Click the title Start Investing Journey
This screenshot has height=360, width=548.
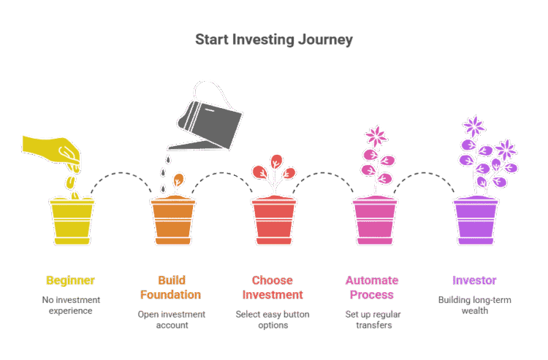pyautogui.click(x=274, y=39)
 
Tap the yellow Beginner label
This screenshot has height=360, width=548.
pyautogui.click(x=70, y=280)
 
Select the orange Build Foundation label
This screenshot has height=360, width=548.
pyautogui.click(x=172, y=288)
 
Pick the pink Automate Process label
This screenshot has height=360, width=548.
pyautogui.click(x=372, y=288)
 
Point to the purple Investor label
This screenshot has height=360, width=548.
pyautogui.click(x=474, y=280)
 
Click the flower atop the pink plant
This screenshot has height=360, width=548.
pyautogui.click(x=377, y=136)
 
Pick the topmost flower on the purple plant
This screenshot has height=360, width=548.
pyautogui.click(x=474, y=126)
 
